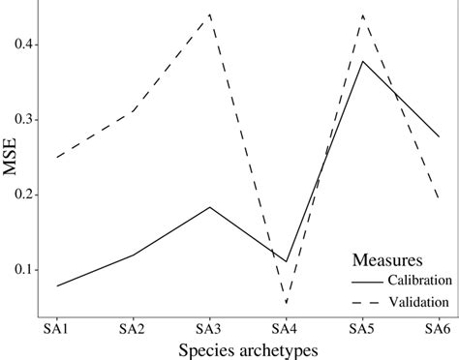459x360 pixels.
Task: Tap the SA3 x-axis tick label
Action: click(x=209, y=328)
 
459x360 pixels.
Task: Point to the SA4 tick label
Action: click(x=286, y=328)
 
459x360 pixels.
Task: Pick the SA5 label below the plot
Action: click(x=362, y=328)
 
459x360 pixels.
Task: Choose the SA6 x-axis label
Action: click(x=438, y=328)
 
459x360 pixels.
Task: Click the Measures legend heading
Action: click(x=385, y=259)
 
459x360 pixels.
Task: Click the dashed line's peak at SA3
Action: click(x=209, y=15)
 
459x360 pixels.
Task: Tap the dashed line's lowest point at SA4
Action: click(x=286, y=303)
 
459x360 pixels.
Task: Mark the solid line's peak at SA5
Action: click(x=362, y=61)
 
